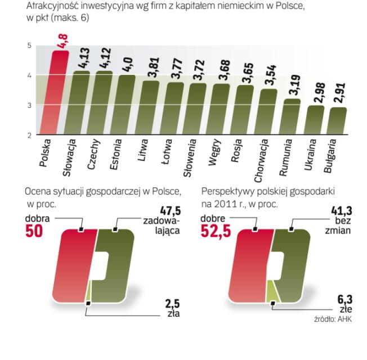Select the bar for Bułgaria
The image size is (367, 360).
click(x=338, y=121)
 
